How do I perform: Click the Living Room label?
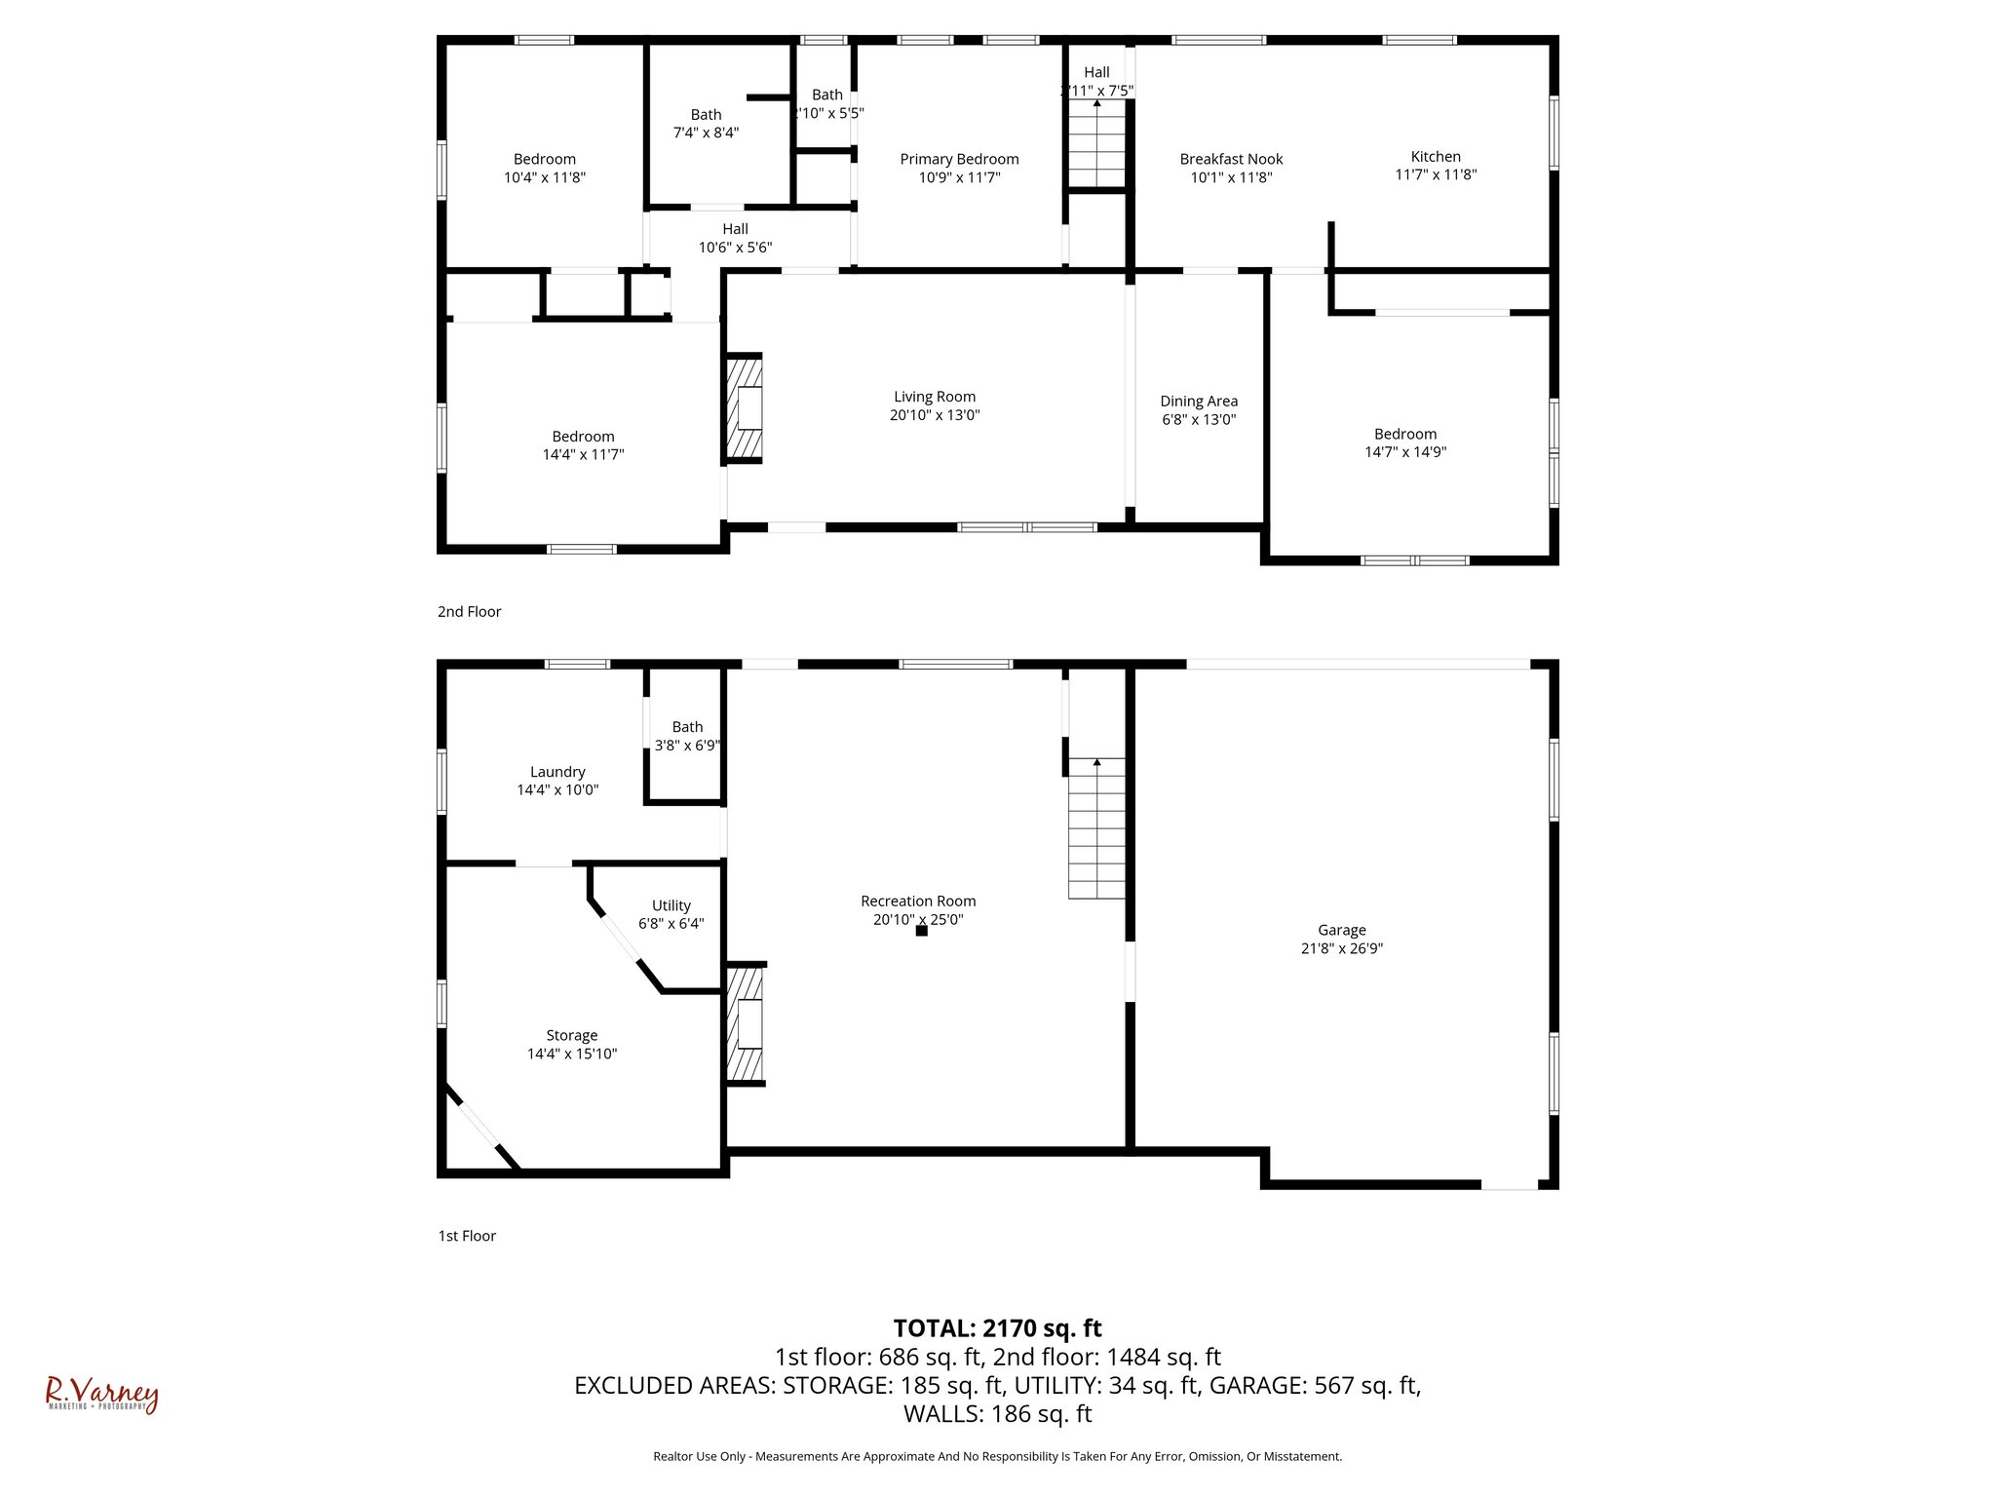point(934,397)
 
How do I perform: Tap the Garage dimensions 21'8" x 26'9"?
point(1341,948)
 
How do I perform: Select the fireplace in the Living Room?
point(744,407)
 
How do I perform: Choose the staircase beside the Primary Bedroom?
point(1096,144)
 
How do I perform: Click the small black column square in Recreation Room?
point(921,931)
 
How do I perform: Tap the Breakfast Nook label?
point(1231,159)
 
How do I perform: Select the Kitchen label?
point(1436,156)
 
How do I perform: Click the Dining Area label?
point(1199,401)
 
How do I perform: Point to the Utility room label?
point(671,905)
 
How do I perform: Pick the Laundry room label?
point(557,772)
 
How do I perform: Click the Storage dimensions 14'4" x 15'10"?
point(571,1054)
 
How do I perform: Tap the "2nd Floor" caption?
point(469,612)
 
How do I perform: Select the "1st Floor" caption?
point(467,1236)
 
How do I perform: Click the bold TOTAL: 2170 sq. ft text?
point(997,1328)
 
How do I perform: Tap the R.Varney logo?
point(101,1395)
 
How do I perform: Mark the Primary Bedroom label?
point(959,159)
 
